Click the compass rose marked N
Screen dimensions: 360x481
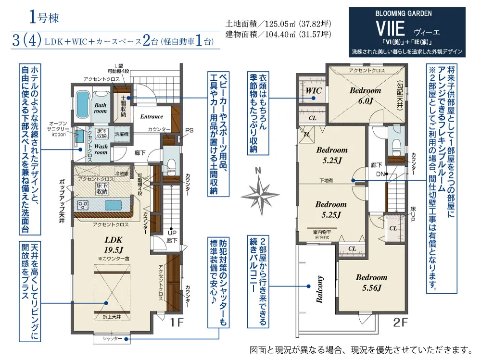(260, 193)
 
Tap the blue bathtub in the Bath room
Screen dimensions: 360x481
(83, 104)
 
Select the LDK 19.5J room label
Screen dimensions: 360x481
(114, 244)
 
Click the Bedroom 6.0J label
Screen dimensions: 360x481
(365, 95)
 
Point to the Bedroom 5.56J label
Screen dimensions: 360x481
(371, 283)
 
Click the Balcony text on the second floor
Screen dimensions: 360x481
(319, 289)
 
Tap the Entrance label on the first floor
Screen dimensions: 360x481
(152, 116)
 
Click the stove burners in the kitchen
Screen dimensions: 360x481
(82, 205)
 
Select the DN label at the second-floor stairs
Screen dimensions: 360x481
(380, 174)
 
